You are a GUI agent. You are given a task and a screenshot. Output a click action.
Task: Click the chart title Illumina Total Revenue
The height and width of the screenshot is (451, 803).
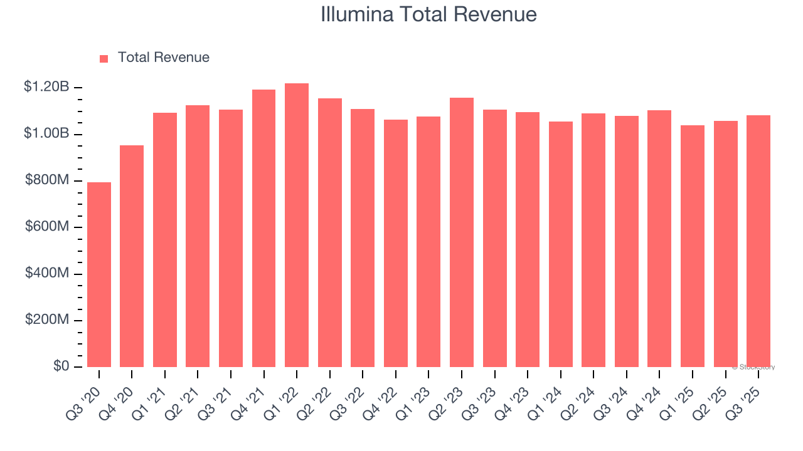tap(428, 14)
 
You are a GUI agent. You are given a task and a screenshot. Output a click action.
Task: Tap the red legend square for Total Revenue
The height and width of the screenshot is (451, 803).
tap(104, 59)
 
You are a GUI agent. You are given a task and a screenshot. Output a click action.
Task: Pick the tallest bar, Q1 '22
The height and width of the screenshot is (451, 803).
tap(297, 225)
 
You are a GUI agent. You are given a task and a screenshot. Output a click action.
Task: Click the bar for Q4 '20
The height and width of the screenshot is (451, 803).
tap(132, 256)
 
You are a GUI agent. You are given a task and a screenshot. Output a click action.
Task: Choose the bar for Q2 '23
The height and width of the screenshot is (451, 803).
tap(462, 232)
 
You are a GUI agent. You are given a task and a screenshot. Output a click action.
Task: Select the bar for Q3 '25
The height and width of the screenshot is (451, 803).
tap(758, 241)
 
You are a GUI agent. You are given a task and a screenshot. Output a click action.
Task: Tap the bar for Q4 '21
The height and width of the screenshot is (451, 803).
tap(263, 229)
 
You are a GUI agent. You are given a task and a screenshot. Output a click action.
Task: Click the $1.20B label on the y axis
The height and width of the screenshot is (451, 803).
tap(46, 87)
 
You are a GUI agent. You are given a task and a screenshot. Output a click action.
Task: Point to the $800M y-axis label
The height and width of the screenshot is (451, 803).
tap(47, 180)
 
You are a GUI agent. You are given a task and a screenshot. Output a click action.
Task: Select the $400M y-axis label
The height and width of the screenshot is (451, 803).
tap(47, 273)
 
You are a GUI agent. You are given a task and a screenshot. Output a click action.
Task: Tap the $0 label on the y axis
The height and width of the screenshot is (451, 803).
tap(60, 366)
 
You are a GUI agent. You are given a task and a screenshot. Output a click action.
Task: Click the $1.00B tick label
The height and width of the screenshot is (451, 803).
tap(46, 133)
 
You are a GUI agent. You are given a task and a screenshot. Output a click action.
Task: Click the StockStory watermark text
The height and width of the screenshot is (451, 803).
tap(753, 367)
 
